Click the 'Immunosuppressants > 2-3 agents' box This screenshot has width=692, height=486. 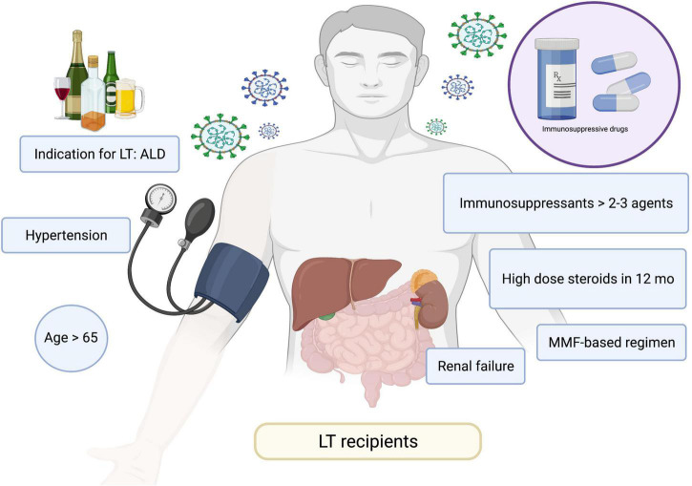click(565, 203)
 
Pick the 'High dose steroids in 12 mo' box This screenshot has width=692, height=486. click(586, 280)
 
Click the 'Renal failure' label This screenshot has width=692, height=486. click(475, 364)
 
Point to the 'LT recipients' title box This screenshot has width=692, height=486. click(367, 443)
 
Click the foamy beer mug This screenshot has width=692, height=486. click(131, 99)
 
